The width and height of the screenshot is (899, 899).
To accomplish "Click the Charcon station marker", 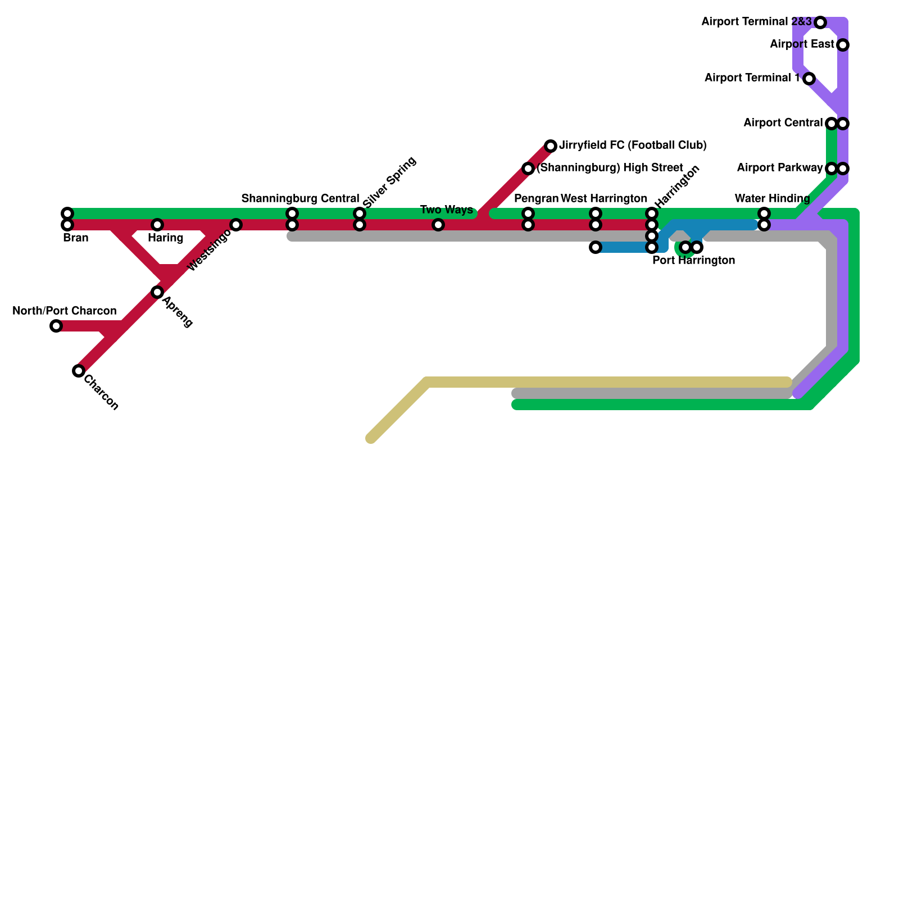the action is click(79, 371).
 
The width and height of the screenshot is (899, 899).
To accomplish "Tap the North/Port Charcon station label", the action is click(65, 311).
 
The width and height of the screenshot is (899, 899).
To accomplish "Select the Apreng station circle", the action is click(157, 292).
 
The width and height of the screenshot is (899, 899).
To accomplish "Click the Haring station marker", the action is click(157, 225).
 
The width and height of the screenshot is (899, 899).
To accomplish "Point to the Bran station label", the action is click(76, 238).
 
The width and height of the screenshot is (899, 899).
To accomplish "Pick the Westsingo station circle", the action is click(236, 225).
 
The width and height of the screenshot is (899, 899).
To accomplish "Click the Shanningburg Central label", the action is click(300, 199).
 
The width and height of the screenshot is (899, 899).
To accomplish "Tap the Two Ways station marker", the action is click(438, 225).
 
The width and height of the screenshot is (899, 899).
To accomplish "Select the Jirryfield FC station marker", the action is click(551, 146).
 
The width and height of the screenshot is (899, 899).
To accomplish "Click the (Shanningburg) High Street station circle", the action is click(528, 169).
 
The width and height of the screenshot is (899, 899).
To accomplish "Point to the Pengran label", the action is click(536, 199).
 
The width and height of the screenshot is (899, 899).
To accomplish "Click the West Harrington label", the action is click(604, 199).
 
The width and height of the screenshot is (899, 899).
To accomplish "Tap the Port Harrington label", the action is click(693, 261).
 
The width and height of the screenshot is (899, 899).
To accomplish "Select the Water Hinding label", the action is click(772, 199).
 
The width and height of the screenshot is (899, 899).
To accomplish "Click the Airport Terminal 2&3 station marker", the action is click(820, 22).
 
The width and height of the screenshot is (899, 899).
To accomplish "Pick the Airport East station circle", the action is click(843, 45).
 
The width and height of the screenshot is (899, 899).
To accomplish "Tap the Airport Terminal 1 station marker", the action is click(809, 79).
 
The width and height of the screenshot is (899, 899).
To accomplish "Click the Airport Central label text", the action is click(783, 123).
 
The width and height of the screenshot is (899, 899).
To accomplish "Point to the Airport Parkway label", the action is click(779, 168).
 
